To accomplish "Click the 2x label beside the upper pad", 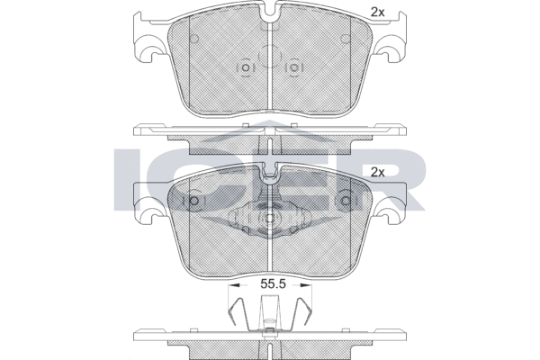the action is point(377,13).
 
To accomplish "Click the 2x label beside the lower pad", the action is point(377,172).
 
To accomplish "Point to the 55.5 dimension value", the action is point(273,284).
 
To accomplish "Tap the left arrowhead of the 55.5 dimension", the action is point(234,285).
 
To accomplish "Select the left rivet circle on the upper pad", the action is point(245,67).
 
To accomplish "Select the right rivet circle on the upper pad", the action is point(293,67).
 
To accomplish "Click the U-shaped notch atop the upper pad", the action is point(270,13).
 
